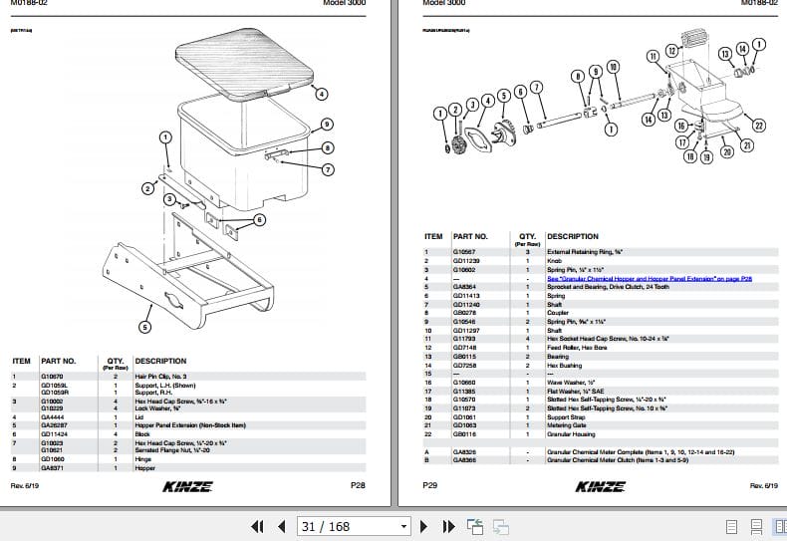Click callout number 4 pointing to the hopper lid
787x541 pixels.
[x=321, y=95]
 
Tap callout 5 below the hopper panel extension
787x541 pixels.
[x=145, y=325]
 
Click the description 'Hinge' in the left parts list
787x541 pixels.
[x=146, y=459]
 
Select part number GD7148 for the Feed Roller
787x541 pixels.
[x=465, y=348]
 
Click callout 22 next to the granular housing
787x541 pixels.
[x=759, y=126]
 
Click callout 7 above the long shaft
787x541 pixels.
[x=537, y=87]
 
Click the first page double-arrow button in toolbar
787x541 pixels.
[x=256, y=526]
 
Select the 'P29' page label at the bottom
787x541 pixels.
[x=430, y=485]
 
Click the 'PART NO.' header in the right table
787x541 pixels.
[x=471, y=236]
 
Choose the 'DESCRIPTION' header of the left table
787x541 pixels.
[x=161, y=361]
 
